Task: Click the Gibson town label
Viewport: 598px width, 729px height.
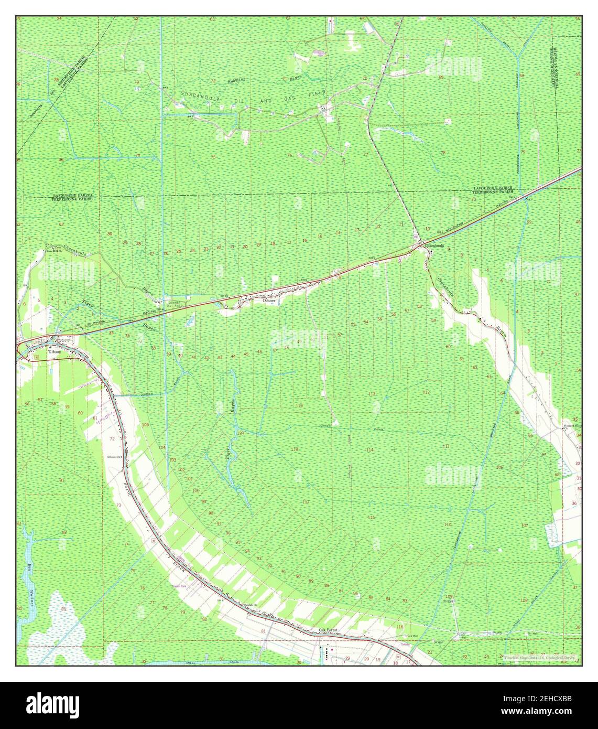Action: click(55, 352)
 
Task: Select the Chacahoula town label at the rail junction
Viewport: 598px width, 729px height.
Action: click(434, 245)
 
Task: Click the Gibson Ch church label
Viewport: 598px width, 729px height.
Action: click(114, 457)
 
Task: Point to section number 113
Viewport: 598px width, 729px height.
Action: click(372, 394)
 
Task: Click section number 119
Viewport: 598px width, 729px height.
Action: click(299, 406)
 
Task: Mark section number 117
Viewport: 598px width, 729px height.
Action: click(306, 502)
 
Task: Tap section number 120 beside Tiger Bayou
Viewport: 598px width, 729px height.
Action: click(241, 434)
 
